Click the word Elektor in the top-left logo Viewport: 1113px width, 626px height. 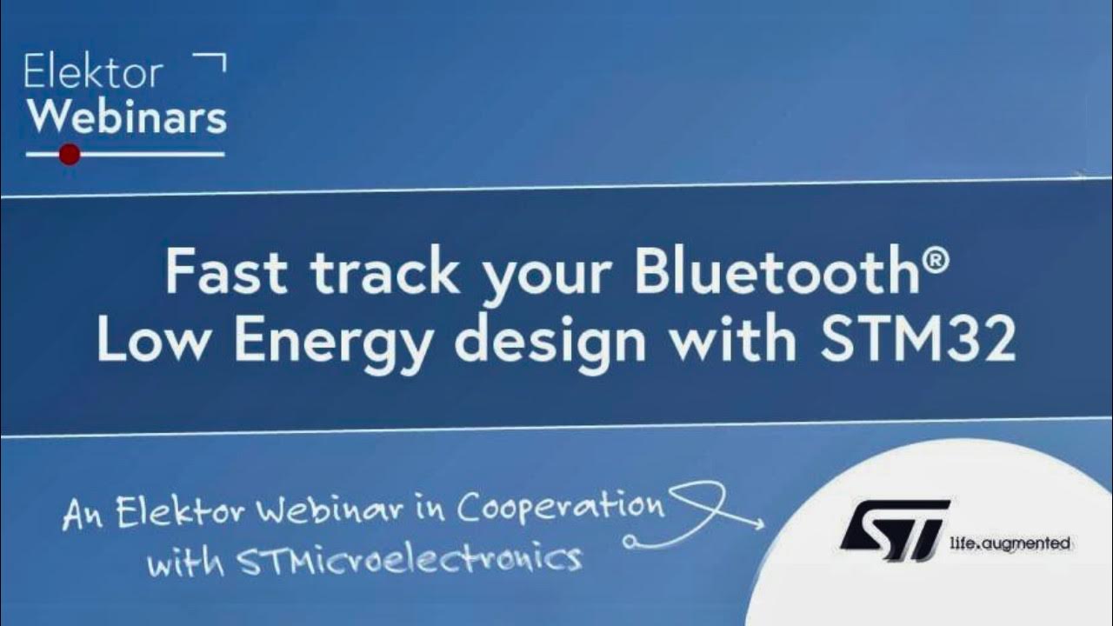[93, 73]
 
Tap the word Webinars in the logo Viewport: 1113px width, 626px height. [127, 116]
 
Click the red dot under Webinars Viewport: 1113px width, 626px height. [70, 155]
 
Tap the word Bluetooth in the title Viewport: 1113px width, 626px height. [776, 272]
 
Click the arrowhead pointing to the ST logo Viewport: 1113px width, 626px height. [756, 524]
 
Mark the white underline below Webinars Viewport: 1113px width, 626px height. [148, 155]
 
